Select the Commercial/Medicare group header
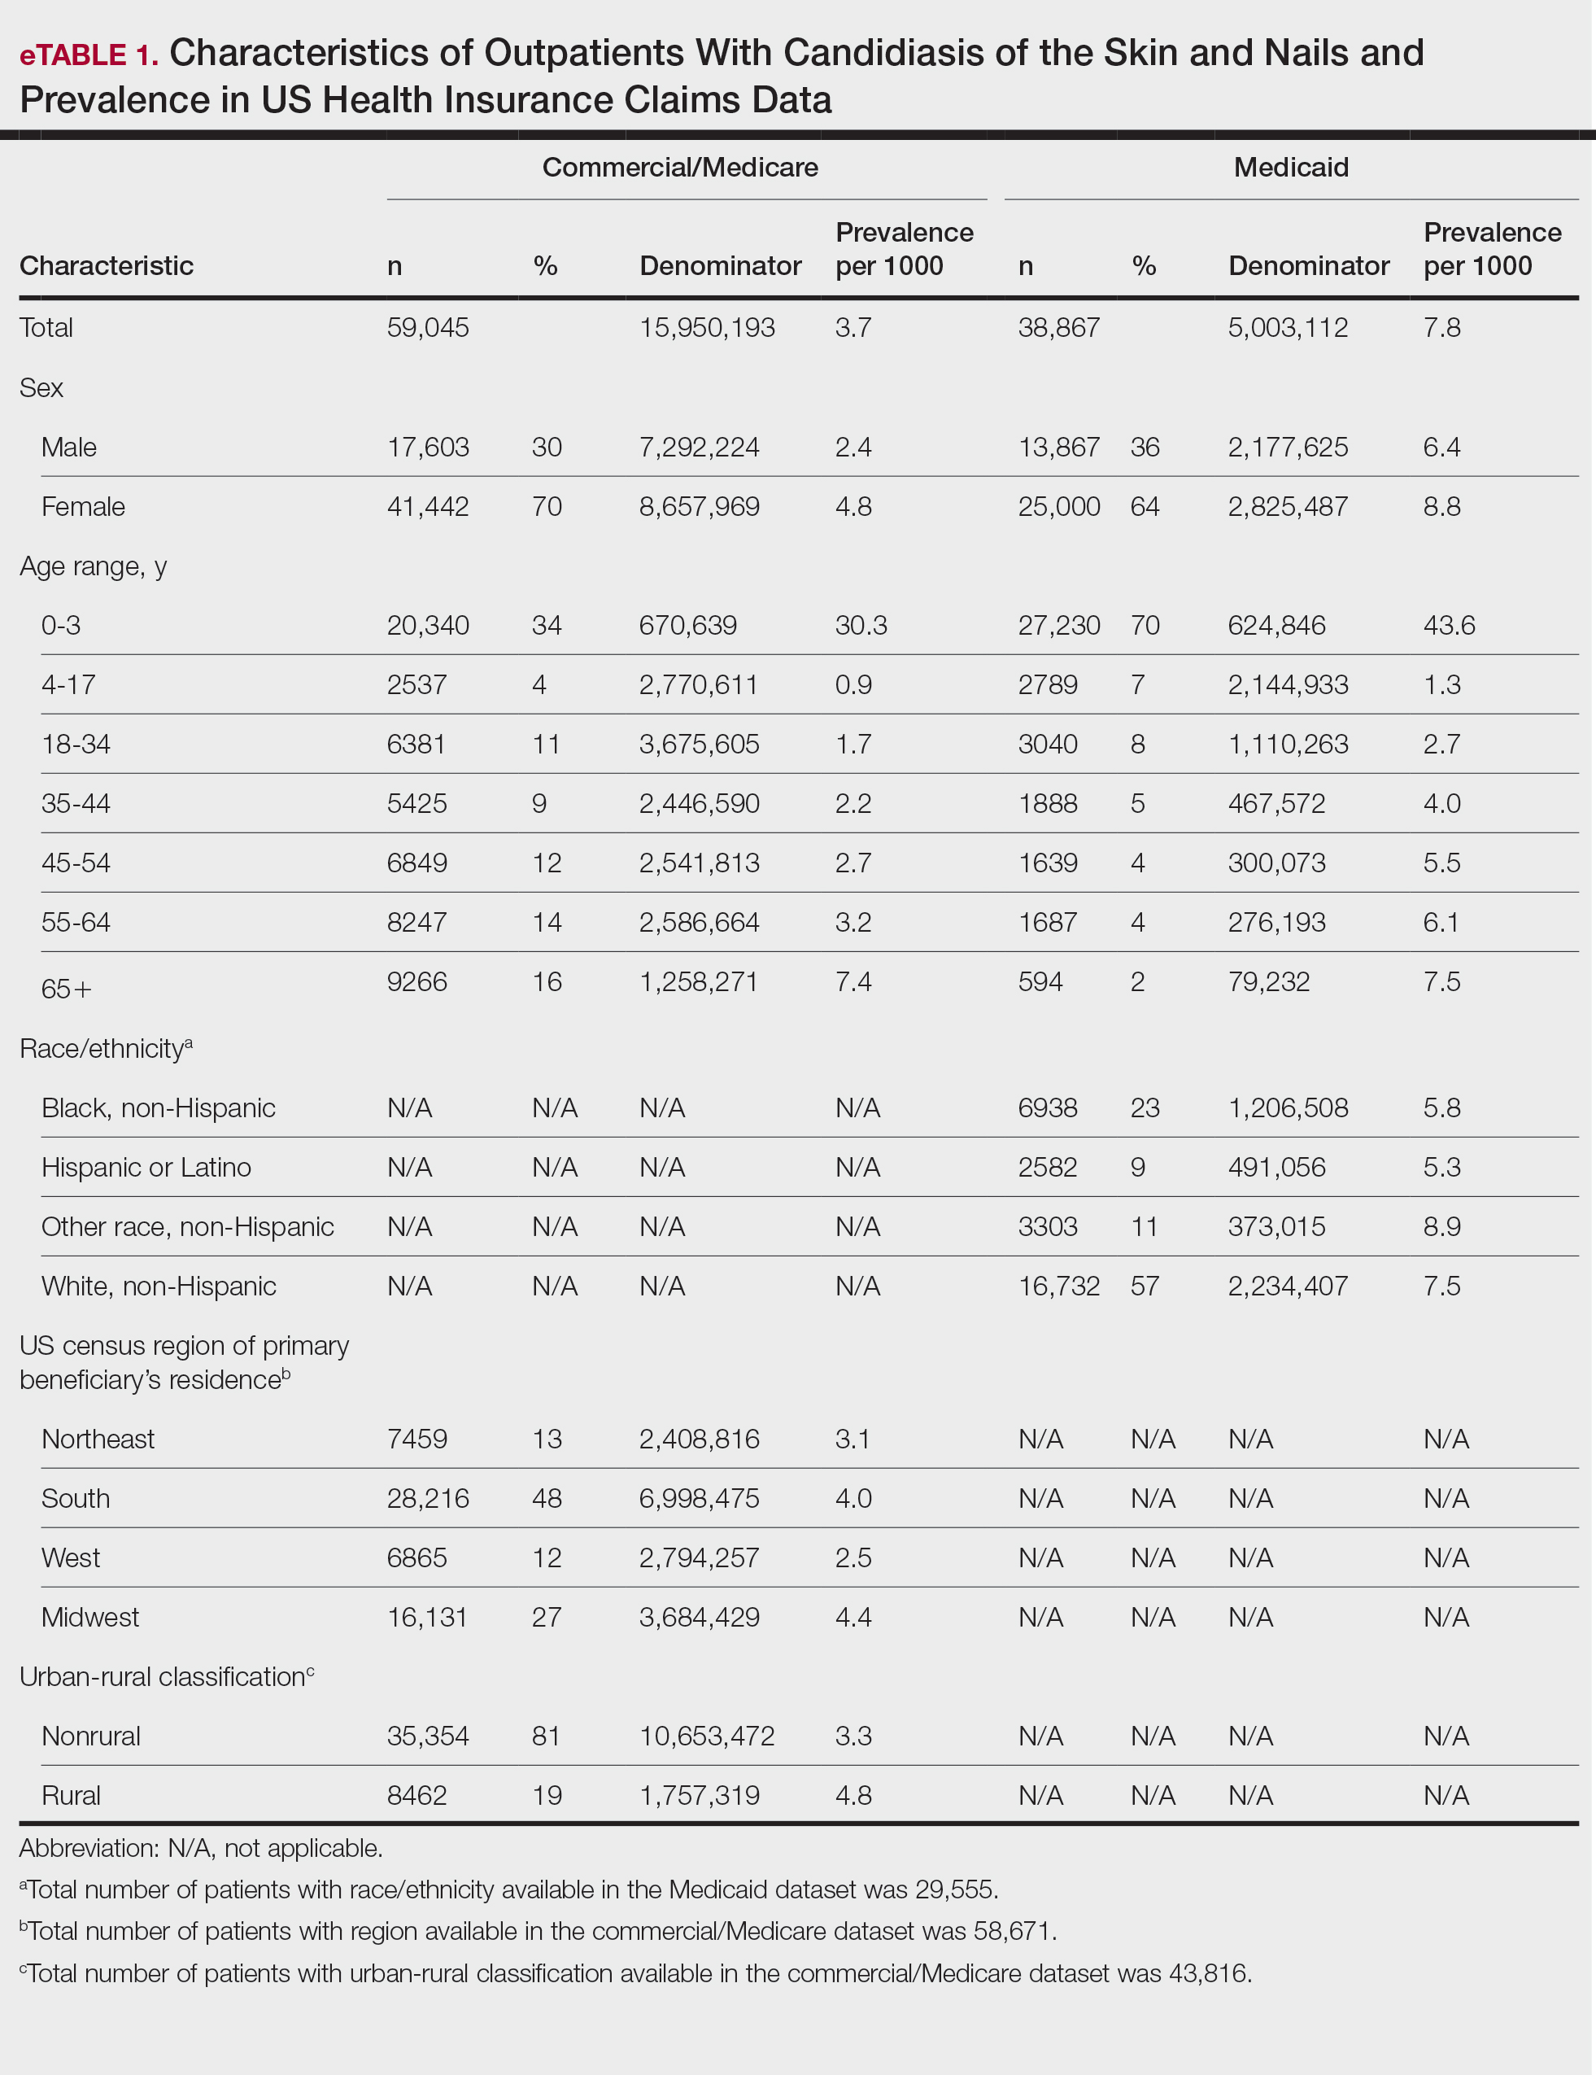pyautogui.click(x=679, y=167)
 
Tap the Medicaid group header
pyautogui.click(x=1290, y=167)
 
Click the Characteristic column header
pyautogui.click(x=107, y=266)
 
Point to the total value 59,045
pyautogui.click(x=428, y=328)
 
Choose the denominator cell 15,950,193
pyautogui.click(x=707, y=328)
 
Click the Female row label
pyautogui.click(x=83, y=506)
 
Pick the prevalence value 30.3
pyautogui.click(x=861, y=625)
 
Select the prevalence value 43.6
pyautogui.click(x=1449, y=625)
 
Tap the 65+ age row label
pyautogui.click(x=67, y=989)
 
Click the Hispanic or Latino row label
pyautogui.click(x=146, y=1167)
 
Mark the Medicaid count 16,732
pyautogui.click(x=1058, y=1286)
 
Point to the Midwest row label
pyautogui.click(x=90, y=1617)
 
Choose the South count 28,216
pyautogui.click(x=428, y=1498)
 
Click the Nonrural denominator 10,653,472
pyautogui.click(x=707, y=1736)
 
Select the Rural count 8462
pyautogui.click(x=416, y=1796)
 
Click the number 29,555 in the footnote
pyautogui.click(x=957, y=1889)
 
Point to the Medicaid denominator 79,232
pyautogui.click(x=1268, y=981)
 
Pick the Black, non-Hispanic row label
pyautogui.click(x=158, y=1107)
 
